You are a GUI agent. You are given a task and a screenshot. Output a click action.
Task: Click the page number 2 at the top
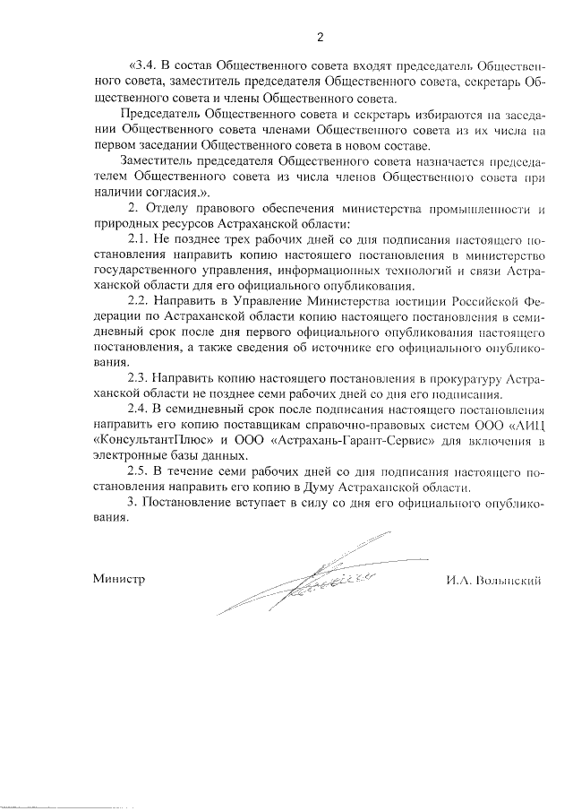tap(319, 37)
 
